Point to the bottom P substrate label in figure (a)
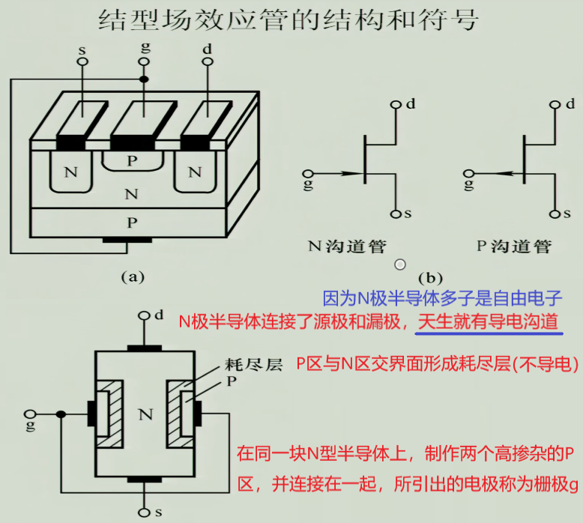(132, 222)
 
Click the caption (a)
(132, 276)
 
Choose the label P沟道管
(514, 246)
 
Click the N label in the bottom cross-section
(146, 414)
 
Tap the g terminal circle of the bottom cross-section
(31, 414)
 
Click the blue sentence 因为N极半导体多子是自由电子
(442, 298)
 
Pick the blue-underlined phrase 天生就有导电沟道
(489, 322)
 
